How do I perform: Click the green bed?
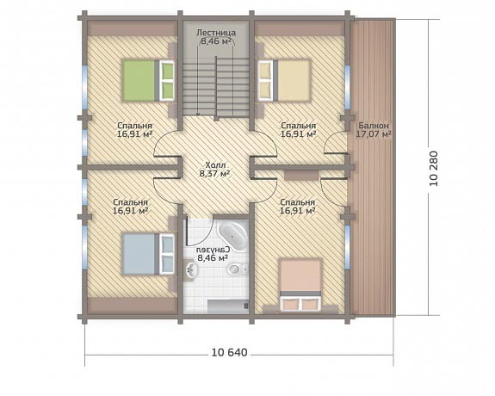pyautogui.click(x=148, y=81)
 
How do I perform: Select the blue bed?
pyautogui.click(x=148, y=254)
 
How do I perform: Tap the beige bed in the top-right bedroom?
pyautogui.click(x=284, y=81)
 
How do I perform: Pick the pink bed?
pyautogui.click(x=300, y=286)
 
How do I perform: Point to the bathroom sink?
pyautogui.click(x=190, y=270)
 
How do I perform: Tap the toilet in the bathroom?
pyautogui.click(x=236, y=269)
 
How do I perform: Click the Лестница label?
pyautogui.click(x=216, y=33)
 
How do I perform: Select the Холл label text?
pyautogui.click(x=215, y=165)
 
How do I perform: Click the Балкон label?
pyautogui.click(x=374, y=126)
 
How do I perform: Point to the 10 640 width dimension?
pyautogui.click(x=230, y=352)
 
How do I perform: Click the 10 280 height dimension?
pyautogui.click(x=434, y=169)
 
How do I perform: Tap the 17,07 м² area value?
pyautogui.click(x=374, y=134)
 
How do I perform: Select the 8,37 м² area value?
pyautogui.click(x=214, y=173)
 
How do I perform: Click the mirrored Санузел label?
pyautogui.click(x=213, y=250)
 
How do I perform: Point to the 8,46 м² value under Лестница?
pyautogui.click(x=216, y=40)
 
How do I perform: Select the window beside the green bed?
pyautogui.click(x=85, y=85)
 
